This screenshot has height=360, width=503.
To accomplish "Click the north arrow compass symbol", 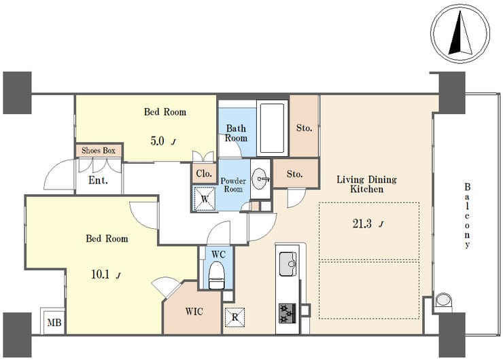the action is [460, 33].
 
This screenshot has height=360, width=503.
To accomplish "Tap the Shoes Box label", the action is [99, 151].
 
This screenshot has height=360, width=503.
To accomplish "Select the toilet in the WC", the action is [217, 275].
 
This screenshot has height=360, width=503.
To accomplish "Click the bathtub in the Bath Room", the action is [272, 128].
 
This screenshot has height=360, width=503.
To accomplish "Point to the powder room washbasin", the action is [261, 178].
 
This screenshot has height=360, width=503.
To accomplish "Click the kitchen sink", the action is [288, 264].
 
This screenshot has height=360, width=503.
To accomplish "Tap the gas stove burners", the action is [287, 313].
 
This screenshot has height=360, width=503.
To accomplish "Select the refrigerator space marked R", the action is [235, 317].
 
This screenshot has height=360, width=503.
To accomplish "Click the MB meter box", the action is [54, 322].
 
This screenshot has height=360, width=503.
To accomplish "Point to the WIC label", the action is [194, 311].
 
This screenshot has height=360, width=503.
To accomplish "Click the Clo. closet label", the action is [204, 174].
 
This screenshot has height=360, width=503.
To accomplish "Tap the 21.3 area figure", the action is [362, 223].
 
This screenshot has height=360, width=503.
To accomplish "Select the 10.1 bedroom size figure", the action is [101, 274].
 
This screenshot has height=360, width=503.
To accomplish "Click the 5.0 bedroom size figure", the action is [157, 141].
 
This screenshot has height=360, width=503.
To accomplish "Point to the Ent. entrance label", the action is [98, 180].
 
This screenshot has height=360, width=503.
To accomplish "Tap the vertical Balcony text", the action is [468, 216].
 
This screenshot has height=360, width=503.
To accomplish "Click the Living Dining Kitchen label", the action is [366, 184].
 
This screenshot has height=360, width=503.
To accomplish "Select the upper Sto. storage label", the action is [304, 128].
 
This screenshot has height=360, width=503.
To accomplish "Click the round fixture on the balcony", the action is [443, 300].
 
